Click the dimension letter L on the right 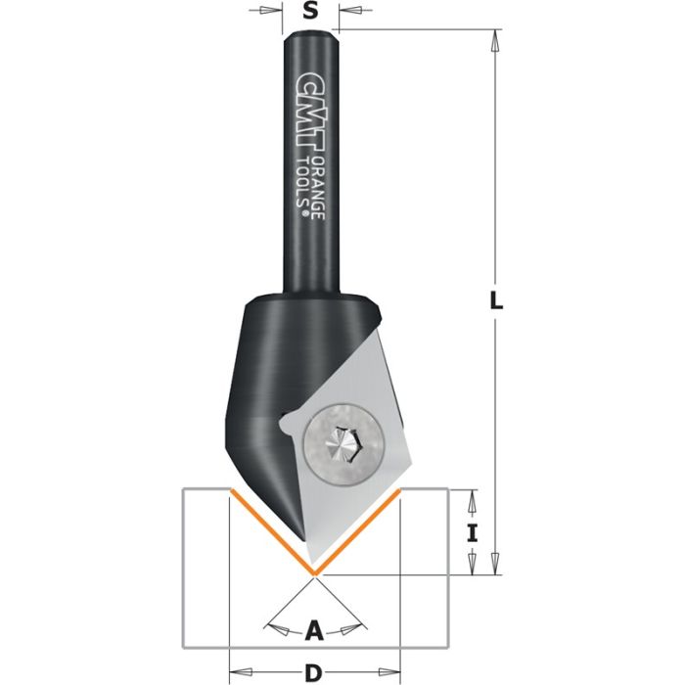point(497,302)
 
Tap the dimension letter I point(473,533)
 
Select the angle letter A point(314,631)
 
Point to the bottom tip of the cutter point(314,571)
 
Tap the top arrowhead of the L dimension point(496,41)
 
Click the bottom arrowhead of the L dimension point(496,564)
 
